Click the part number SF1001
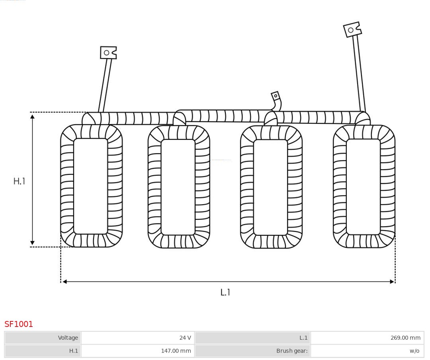(x=19, y=324)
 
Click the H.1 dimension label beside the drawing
(x=19, y=181)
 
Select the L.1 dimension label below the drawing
(x=225, y=292)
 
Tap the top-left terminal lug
(x=108, y=53)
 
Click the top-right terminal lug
(x=352, y=30)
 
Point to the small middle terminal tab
(x=276, y=96)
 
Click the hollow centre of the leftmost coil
(x=91, y=186)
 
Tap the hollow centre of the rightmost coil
(x=363, y=186)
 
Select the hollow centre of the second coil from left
(x=178, y=187)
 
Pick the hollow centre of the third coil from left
(x=270, y=187)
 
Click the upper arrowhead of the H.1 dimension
(x=32, y=116)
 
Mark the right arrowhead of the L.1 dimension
(x=392, y=282)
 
